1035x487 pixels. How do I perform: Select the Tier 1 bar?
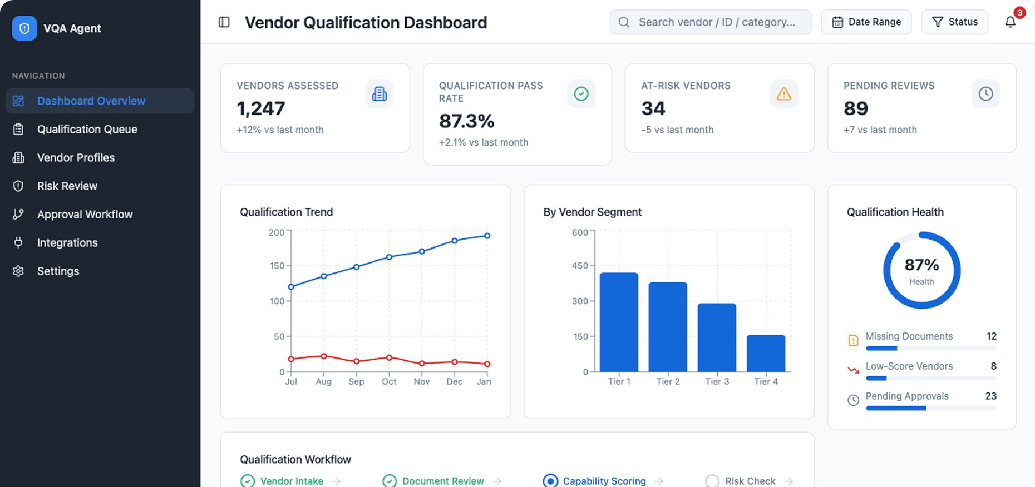(619, 322)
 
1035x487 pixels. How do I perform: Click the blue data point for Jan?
(487, 236)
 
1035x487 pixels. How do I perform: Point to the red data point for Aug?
(324, 356)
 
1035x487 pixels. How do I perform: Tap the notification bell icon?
(1011, 22)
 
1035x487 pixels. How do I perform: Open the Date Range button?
(866, 22)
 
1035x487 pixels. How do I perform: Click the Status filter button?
(954, 22)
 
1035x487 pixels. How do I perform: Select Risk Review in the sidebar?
(67, 186)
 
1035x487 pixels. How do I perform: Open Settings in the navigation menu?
(58, 271)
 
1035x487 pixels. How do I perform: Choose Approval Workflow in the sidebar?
(85, 215)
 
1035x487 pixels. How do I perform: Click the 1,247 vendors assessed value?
(261, 108)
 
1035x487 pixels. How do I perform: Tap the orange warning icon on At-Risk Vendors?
(783, 94)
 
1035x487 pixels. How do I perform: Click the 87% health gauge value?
(921, 265)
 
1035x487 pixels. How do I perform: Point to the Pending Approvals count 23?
(990, 396)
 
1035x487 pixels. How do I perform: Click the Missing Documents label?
(909, 336)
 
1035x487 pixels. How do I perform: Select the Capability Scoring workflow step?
(604, 481)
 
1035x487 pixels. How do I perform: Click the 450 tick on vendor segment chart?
(580, 266)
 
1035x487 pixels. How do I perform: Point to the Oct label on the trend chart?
(389, 381)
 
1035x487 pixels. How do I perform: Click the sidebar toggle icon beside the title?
(224, 22)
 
